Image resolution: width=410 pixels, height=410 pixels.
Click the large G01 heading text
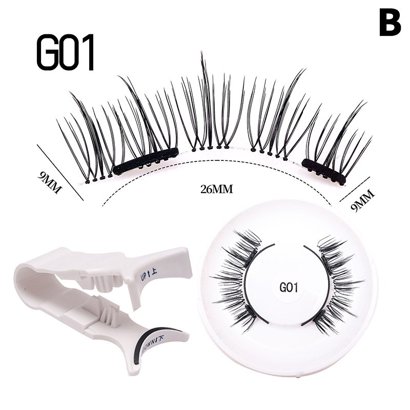[66, 53]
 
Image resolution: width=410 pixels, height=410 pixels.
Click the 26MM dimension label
[217, 189]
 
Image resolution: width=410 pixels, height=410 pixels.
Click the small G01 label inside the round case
[288, 288]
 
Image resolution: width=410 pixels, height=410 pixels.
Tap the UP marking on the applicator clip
[146, 278]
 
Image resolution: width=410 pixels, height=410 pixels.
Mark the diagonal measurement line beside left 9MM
[60, 171]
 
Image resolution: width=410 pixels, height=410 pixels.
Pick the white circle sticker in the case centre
[288, 288]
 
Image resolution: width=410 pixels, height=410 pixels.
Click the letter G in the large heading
[48, 53]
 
